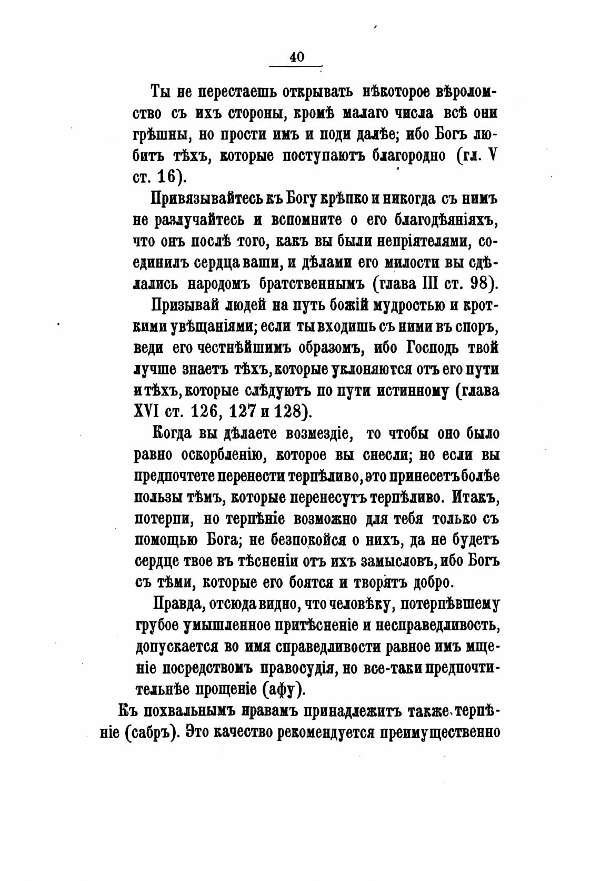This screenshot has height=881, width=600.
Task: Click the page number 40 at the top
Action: click(296, 56)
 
